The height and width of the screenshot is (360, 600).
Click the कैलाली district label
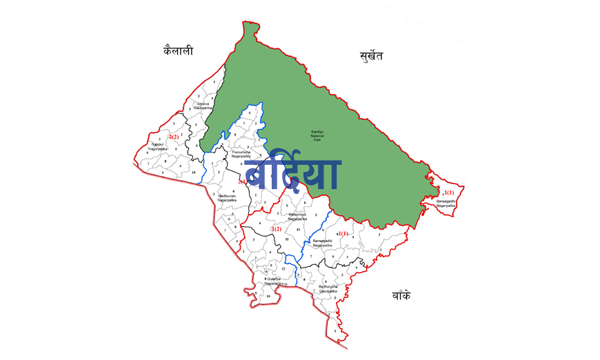pyautogui.click(x=178, y=50)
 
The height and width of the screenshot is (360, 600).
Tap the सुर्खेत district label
pyautogui.click(x=371, y=56)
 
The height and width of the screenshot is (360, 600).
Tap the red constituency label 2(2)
pyautogui.click(x=173, y=137)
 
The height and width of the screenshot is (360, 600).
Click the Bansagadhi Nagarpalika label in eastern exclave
pyautogui.click(x=446, y=203)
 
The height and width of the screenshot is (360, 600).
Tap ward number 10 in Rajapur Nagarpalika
pyautogui.click(x=194, y=172)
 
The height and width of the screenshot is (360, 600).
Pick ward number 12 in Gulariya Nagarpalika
pyautogui.click(x=274, y=268)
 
